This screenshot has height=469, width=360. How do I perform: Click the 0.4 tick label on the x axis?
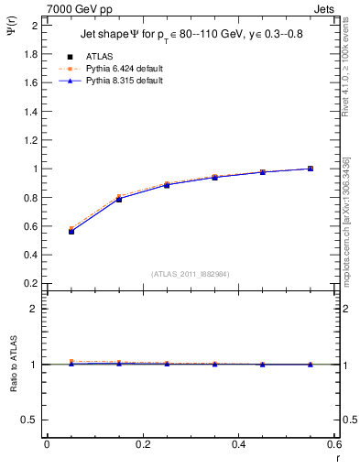tap(239, 444)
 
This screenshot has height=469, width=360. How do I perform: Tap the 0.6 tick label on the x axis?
tap(334, 444)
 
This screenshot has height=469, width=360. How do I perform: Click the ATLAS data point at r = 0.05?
tap(71, 232)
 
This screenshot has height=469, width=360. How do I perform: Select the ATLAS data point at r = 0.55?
tap(311, 169)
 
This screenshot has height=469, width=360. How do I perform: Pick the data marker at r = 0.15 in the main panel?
tap(119, 198)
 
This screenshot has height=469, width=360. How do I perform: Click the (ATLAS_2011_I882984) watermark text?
tap(191, 272)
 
